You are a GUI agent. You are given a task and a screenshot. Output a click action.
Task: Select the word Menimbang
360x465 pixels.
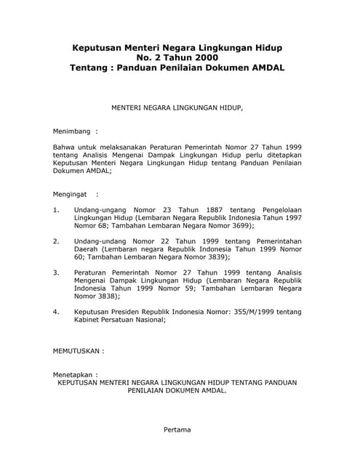point(71,132)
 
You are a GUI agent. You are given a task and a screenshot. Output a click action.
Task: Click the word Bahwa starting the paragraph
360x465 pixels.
point(64,147)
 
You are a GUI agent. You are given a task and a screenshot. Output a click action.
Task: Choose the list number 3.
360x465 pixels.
point(56,272)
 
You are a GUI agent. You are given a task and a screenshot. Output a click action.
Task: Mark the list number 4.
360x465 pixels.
point(56,312)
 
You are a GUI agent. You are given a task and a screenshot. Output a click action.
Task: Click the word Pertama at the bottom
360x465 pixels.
point(178,429)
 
